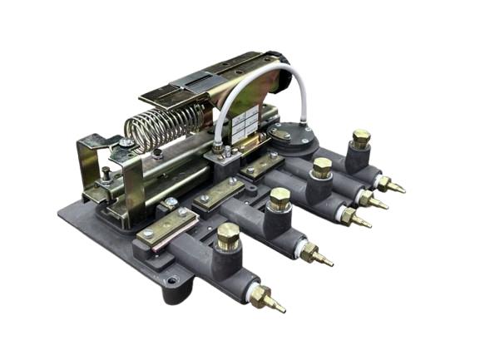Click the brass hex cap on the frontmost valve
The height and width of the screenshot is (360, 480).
pyautogui.click(x=228, y=236)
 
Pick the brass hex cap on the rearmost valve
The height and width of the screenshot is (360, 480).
pyautogui.click(x=360, y=137)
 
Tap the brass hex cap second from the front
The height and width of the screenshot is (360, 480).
pyautogui.click(x=280, y=199)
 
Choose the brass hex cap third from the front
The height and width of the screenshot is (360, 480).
pyautogui.click(x=322, y=166)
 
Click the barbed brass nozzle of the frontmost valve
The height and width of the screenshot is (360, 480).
pyautogui.click(x=270, y=301)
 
